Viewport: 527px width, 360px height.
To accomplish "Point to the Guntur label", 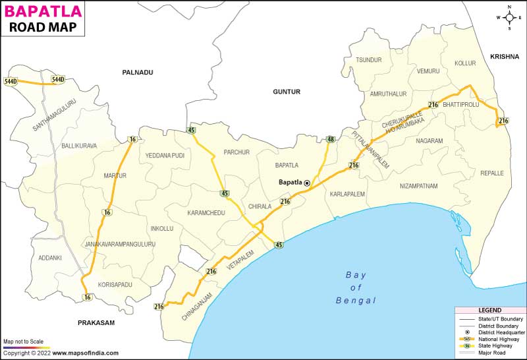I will click(x=287, y=92).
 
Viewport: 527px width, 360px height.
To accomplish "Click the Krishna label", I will click(x=505, y=57).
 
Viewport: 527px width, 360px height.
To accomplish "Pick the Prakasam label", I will click(x=96, y=322).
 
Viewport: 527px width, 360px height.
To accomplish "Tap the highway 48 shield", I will click(x=331, y=138).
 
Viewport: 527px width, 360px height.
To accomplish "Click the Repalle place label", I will click(x=492, y=173).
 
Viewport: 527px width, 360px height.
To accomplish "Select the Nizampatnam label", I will click(x=418, y=186).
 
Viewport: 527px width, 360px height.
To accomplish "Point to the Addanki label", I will click(x=50, y=257).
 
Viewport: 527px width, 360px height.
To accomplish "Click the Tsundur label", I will click(x=369, y=60).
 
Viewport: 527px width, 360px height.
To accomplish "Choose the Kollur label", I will click(x=465, y=63).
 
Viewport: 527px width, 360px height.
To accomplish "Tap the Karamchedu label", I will click(x=206, y=214).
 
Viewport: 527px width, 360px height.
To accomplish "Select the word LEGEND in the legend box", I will click(x=489, y=310).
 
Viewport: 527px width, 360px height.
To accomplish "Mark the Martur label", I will click(x=115, y=175).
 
